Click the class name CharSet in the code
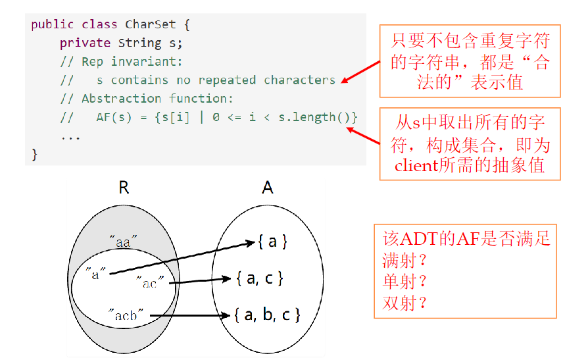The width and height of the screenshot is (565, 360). (x=151, y=24)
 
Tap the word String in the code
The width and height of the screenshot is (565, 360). (x=139, y=43)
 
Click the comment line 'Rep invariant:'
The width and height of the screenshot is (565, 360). (x=132, y=61)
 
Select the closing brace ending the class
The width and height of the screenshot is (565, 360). (x=35, y=154)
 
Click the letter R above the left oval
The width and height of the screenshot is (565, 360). (x=123, y=188)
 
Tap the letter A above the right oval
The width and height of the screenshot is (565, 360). (x=267, y=188)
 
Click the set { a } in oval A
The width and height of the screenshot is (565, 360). (x=272, y=242)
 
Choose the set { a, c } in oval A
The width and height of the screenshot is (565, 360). (x=259, y=278)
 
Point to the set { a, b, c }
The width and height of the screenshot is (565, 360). (x=267, y=315)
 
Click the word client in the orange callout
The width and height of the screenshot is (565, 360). (x=416, y=165)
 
